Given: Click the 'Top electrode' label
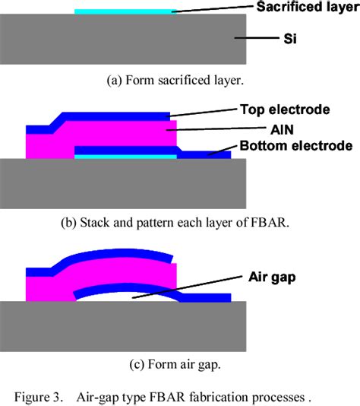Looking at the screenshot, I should coord(285,109).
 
